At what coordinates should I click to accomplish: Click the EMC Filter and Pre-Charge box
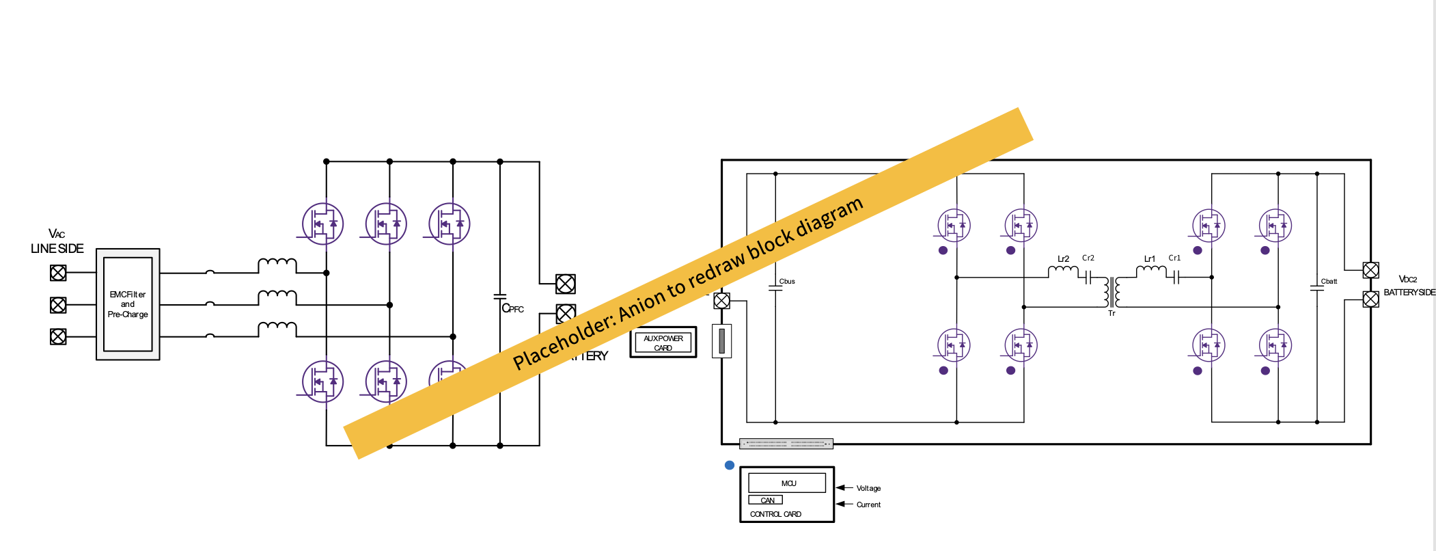(x=128, y=304)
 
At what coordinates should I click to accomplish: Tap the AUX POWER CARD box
(x=663, y=342)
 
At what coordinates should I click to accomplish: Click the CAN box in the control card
(x=767, y=500)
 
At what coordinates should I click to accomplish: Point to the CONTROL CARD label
(x=775, y=514)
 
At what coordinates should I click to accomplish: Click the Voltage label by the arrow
(x=868, y=488)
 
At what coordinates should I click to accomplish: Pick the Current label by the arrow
(x=868, y=505)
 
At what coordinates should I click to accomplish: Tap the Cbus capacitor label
(x=787, y=281)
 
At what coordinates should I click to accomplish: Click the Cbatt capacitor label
(x=1329, y=281)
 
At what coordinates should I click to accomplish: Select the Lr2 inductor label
(x=1063, y=259)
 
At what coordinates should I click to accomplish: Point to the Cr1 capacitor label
(x=1174, y=258)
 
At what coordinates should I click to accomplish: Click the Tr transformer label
(x=1111, y=313)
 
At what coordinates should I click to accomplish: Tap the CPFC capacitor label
(x=512, y=308)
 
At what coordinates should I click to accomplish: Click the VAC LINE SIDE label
(x=57, y=241)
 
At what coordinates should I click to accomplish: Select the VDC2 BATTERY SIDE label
(x=1409, y=286)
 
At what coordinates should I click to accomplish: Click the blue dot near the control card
(x=730, y=466)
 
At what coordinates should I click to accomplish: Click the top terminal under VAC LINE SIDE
(x=58, y=273)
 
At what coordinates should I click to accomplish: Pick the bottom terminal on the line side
(x=58, y=336)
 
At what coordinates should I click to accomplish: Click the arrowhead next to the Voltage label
(x=842, y=488)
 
